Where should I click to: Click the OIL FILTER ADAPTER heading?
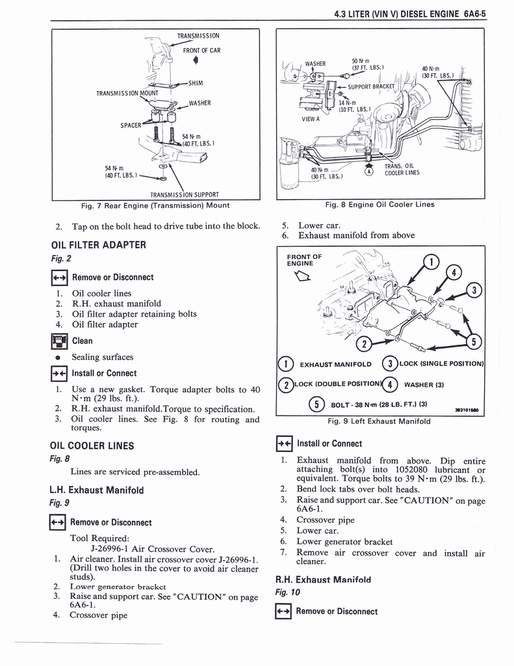(98, 245)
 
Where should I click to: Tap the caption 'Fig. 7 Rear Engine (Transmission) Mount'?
(155, 206)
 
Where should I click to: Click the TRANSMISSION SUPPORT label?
(184, 194)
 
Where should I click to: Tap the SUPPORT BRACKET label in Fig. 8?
(372, 86)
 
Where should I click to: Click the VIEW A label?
(311, 119)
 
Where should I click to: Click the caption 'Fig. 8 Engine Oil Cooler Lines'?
(379, 204)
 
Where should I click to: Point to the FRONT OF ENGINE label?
(304, 260)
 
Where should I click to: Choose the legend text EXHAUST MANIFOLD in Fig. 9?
(335, 364)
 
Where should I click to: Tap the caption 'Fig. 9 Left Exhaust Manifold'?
(379, 421)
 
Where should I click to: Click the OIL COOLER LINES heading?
(92, 446)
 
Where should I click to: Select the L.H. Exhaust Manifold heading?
(96, 490)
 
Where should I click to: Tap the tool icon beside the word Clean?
(58, 341)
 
